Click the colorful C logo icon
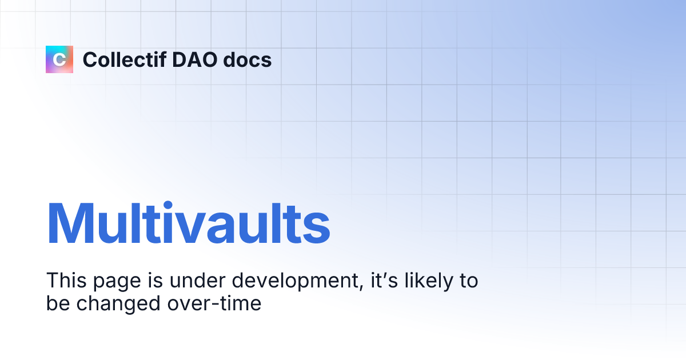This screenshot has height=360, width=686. click(59, 59)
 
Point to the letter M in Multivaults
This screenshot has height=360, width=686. click(71, 224)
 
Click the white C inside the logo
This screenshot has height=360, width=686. click(59, 59)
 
